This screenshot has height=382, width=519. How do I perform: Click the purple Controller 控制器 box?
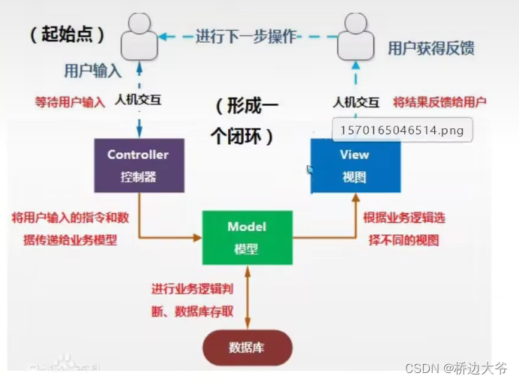click(139, 166)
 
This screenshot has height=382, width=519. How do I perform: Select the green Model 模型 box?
click(247, 237)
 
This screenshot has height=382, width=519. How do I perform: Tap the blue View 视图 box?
click(355, 166)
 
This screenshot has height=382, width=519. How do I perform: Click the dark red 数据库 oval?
click(247, 347)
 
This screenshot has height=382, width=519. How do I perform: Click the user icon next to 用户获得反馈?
click(355, 37)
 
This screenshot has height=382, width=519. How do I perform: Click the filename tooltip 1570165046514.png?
click(401, 131)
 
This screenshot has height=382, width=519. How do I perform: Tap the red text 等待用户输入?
click(70, 102)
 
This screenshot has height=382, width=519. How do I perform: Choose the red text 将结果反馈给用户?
click(441, 102)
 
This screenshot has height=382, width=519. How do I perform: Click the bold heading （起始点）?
click(67, 35)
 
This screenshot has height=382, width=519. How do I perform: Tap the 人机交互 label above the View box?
click(356, 102)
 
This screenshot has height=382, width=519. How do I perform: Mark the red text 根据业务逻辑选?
click(403, 218)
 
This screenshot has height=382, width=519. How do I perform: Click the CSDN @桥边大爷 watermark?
click(456, 368)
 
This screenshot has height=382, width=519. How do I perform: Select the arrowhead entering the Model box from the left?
click(198, 238)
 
